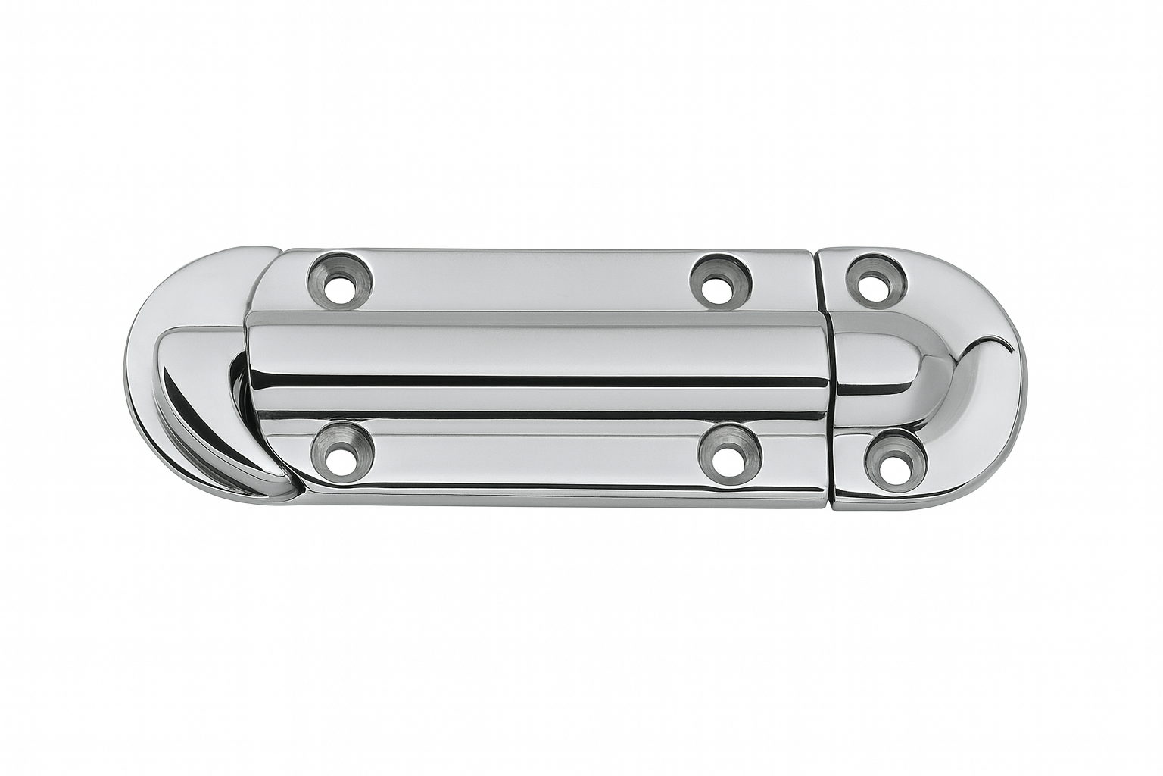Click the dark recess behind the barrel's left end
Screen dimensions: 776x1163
pyautogui.click(x=236, y=379)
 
